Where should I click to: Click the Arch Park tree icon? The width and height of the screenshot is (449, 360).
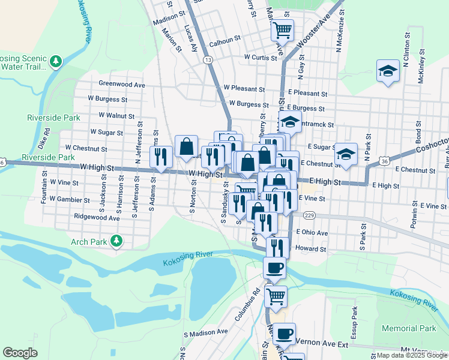(116, 242)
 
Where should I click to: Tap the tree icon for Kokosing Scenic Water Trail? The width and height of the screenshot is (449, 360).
(56, 61)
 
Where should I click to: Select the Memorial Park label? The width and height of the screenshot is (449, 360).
(409, 329)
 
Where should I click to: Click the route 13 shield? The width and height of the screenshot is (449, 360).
(208, 60)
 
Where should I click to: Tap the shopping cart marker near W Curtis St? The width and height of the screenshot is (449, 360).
(282, 29)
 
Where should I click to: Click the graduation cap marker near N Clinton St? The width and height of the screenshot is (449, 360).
(388, 71)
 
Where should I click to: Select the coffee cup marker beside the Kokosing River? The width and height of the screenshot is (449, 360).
(275, 268)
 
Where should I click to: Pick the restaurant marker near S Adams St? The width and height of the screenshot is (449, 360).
(161, 156)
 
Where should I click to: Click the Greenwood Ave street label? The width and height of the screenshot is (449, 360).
(122, 85)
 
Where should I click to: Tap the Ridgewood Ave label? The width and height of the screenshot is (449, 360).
(96, 218)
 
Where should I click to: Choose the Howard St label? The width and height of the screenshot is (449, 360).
(310, 248)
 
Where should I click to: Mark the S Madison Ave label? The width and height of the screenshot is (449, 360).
(206, 332)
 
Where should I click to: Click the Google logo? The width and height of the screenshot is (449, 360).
(20, 353)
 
